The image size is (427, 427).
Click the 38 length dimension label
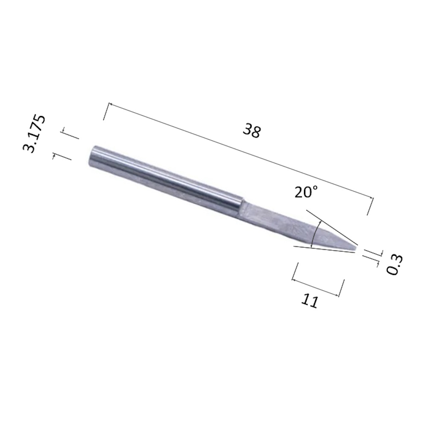pyautogui.click(x=252, y=131)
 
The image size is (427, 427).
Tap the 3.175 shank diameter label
pyautogui.click(x=34, y=134)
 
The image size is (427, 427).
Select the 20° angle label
pyautogui.click(x=306, y=192)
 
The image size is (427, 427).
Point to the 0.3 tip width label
pyautogui.click(x=395, y=264)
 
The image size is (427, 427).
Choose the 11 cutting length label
pyautogui.click(x=310, y=301)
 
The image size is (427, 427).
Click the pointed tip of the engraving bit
pyautogui.click(x=356, y=249)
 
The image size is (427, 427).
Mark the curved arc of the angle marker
pyautogui.click(x=315, y=235)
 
